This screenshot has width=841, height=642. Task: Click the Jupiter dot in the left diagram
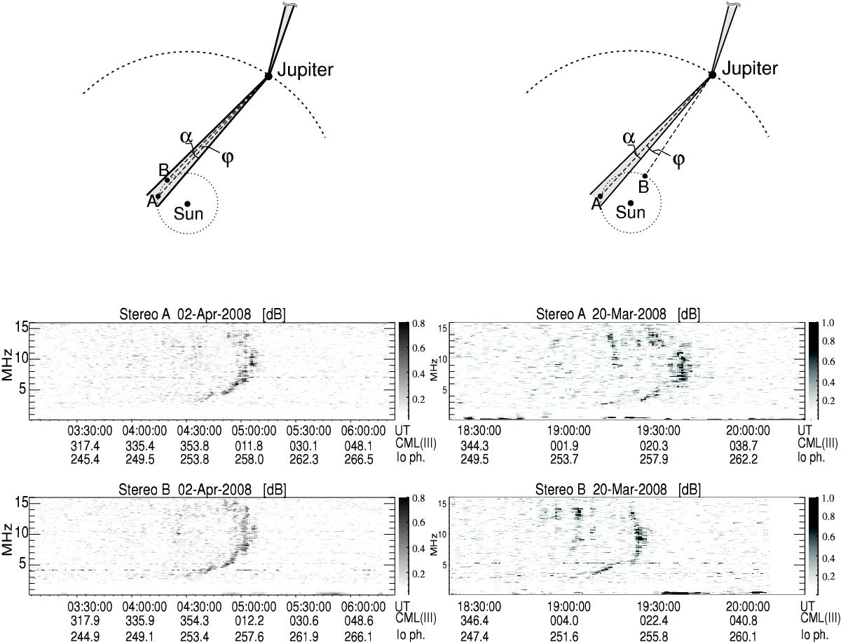tap(268, 76)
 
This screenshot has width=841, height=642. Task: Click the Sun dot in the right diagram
tap(630, 203)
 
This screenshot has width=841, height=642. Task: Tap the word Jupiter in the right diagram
tap(750, 69)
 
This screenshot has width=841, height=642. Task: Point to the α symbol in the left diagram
tap(186, 137)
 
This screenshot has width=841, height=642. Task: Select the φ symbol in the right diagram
tap(678, 159)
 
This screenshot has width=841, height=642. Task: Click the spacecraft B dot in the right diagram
tap(645, 176)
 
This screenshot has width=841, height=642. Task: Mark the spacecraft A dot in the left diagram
tap(158, 196)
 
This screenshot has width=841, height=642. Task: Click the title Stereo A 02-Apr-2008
tap(185, 314)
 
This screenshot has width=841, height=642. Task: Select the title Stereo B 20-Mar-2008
tap(601, 490)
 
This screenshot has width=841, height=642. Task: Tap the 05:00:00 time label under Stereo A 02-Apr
tap(254, 431)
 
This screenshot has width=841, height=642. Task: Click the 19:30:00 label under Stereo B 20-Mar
tap(659, 606)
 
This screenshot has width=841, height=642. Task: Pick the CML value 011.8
tap(249, 446)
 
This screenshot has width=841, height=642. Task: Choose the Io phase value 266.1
tap(358, 636)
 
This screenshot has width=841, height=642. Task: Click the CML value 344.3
tap(474, 446)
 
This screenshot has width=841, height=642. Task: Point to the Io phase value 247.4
tap(474, 636)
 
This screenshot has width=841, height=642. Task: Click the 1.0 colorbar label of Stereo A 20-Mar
tap(829, 323)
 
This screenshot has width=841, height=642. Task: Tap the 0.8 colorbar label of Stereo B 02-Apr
tap(418, 498)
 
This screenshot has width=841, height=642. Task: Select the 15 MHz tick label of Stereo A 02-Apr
tap(22, 327)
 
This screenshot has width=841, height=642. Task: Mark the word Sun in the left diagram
tap(188, 213)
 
